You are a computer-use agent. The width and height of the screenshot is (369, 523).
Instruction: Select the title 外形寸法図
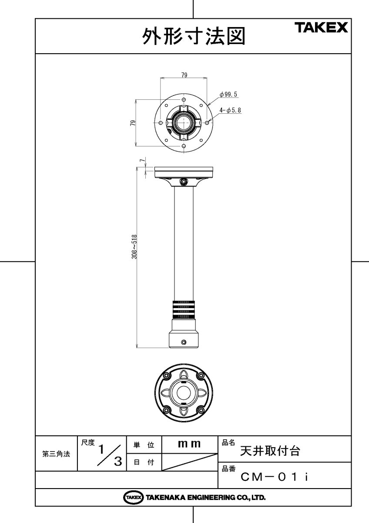coord(194,36)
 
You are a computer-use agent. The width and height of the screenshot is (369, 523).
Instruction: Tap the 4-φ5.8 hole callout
coord(230,110)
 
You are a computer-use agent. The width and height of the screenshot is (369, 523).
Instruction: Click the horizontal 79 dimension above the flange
coord(184,75)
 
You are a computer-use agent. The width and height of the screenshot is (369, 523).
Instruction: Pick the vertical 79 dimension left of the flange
coord(133,123)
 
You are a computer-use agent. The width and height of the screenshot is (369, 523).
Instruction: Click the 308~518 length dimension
coord(134,247)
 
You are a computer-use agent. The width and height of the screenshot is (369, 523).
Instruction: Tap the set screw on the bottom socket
coord(184,342)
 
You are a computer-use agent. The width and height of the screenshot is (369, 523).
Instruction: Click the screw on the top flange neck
coord(184,181)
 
